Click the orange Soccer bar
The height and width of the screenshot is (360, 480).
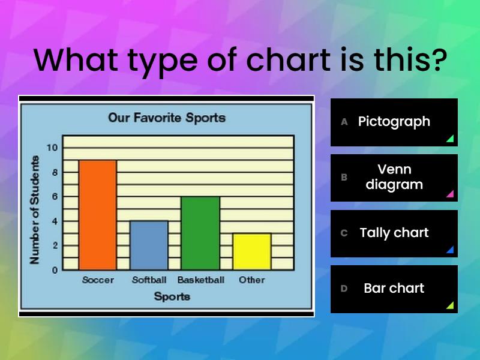tap(98, 215)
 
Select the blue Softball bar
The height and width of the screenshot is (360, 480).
tap(149, 245)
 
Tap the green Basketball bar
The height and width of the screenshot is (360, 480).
tap(200, 233)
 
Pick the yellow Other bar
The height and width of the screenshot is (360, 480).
tap(252, 251)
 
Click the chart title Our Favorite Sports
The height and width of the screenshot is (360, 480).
tap(167, 118)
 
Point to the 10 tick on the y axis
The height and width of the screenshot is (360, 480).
tap(52, 148)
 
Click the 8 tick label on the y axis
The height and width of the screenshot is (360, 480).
tap(55, 172)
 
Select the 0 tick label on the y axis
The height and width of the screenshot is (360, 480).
tap(55, 271)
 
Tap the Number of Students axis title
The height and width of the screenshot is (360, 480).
tap(35, 210)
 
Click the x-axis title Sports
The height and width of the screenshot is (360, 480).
tap(172, 296)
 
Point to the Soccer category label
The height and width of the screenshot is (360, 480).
tap(98, 280)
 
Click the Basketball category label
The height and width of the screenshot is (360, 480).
tap(201, 280)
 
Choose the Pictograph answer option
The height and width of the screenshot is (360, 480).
tap(394, 122)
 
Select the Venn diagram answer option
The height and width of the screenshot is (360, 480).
tap(394, 178)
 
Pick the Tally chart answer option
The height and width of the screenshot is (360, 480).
tap(394, 233)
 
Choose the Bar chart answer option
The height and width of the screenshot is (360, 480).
tap(394, 289)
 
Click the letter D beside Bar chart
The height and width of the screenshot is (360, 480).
tap(344, 289)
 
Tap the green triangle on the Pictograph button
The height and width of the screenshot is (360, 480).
tap(451, 139)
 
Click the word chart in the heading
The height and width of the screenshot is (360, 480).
tap(289, 59)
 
